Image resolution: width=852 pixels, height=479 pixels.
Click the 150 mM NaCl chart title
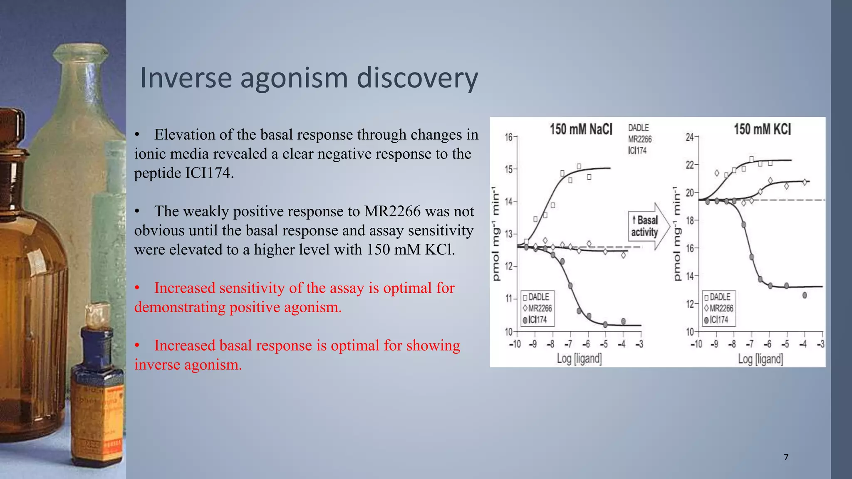pyautogui.click(x=581, y=129)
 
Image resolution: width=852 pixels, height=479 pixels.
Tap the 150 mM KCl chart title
pyautogui.click(x=762, y=129)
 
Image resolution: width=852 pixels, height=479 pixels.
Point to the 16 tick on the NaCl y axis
pyautogui.click(x=508, y=137)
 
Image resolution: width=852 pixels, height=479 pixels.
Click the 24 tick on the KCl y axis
pyautogui.click(x=689, y=137)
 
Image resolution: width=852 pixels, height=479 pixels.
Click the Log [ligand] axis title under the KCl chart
pyautogui.click(x=760, y=358)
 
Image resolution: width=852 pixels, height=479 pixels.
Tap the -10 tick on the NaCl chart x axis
pyautogui.click(x=515, y=344)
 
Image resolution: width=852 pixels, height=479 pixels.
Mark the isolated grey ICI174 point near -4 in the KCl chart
pyautogui.click(x=805, y=295)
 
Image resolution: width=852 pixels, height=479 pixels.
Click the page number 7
pyautogui.click(x=786, y=457)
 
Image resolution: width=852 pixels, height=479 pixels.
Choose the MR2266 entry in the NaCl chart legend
pyautogui.click(x=538, y=308)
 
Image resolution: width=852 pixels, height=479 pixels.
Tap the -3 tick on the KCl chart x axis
pyautogui.click(x=820, y=344)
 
